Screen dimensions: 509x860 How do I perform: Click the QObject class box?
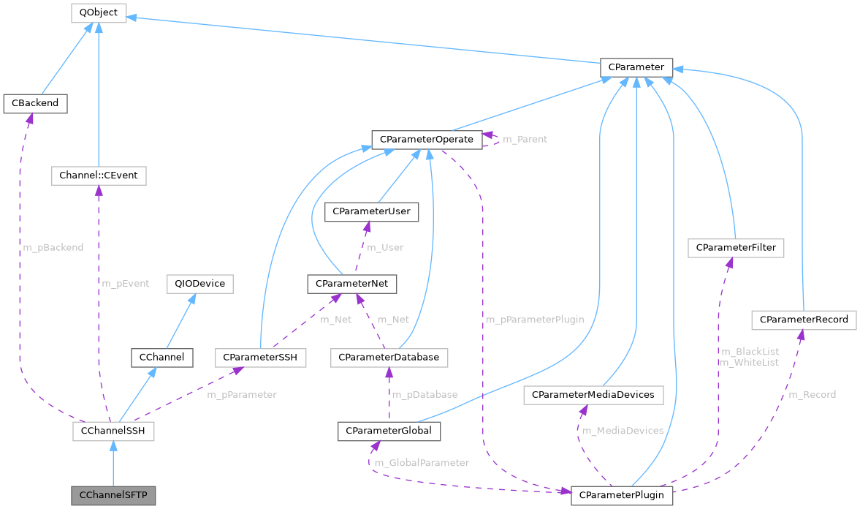click(99, 12)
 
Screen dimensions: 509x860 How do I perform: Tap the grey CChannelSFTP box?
click(113, 495)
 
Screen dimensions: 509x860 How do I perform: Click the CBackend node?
click(35, 104)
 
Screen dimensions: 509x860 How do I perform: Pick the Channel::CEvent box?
click(99, 176)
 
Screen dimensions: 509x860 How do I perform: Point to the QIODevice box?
click(199, 284)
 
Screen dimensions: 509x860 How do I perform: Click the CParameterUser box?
click(372, 211)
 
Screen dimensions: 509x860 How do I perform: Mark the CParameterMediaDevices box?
click(593, 395)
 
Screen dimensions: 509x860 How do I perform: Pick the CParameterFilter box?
click(736, 249)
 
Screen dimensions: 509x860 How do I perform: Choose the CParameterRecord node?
click(804, 320)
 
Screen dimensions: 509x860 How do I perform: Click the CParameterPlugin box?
click(621, 495)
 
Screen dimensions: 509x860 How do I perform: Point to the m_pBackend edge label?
click(53, 247)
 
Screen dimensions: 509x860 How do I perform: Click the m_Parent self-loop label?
click(525, 139)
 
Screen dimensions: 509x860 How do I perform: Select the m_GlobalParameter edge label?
click(422, 462)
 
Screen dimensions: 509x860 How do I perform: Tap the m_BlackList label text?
click(749, 352)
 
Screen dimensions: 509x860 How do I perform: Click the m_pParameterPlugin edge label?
click(530, 320)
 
